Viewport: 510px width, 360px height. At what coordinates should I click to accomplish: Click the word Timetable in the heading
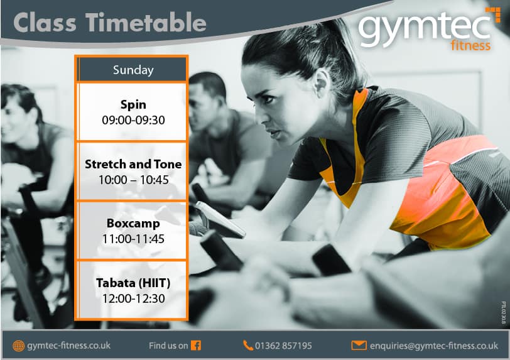[x=146, y=23]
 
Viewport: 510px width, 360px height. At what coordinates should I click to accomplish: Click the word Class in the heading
[x=45, y=23]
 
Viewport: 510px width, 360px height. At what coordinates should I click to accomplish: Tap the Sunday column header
[x=133, y=70]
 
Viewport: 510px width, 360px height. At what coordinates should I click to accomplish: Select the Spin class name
[x=133, y=104]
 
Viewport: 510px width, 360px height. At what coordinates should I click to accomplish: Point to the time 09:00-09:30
[x=133, y=120]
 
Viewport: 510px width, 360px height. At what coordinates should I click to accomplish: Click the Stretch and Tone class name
[x=133, y=164]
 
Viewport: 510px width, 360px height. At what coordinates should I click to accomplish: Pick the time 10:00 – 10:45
[x=134, y=180]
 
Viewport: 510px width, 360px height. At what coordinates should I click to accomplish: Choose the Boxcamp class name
[x=133, y=223]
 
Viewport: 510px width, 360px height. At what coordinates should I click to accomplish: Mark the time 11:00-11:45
[x=133, y=239]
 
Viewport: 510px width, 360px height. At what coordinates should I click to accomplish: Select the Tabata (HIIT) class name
[x=133, y=283]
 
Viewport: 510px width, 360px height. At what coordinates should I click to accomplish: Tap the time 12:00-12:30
[x=133, y=298]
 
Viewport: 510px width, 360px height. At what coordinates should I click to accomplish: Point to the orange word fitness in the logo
[x=470, y=46]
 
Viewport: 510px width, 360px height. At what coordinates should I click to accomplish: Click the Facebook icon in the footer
[x=196, y=346]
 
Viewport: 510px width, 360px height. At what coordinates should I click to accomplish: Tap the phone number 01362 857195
[x=283, y=346]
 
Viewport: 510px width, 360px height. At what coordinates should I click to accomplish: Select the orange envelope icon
[x=359, y=346]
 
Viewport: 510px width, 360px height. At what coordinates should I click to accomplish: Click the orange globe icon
[x=19, y=346]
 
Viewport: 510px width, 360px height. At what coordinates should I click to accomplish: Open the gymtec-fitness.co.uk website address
[x=69, y=346]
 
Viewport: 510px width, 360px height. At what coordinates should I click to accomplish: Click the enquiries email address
[x=434, y=346]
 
